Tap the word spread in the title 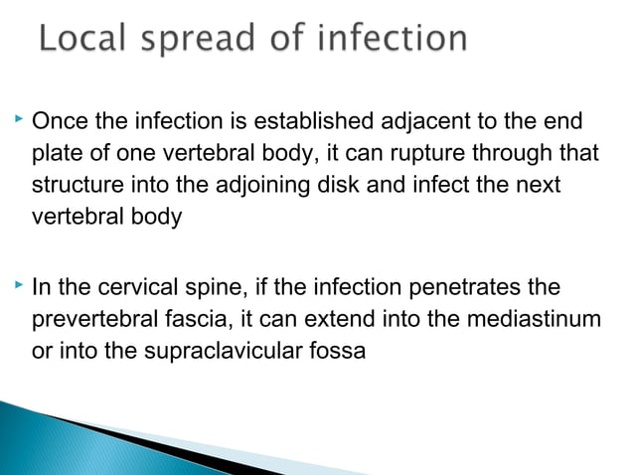pyautogui.click(x=204, y=40)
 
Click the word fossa pyautogui.click(x=339, y=351)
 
